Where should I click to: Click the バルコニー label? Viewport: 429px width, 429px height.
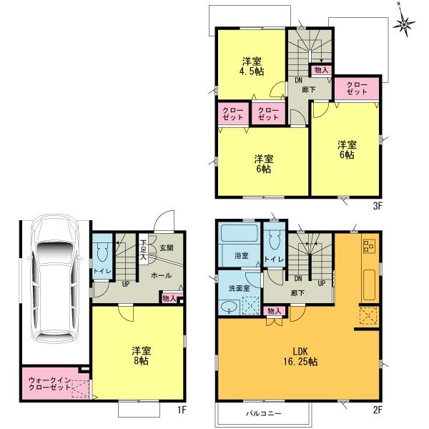coord(263,414)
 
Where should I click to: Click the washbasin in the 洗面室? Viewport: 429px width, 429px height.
coord(230,307)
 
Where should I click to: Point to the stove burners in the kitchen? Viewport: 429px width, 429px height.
coord(369,247)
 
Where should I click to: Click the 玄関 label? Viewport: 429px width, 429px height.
coord(166,248)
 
